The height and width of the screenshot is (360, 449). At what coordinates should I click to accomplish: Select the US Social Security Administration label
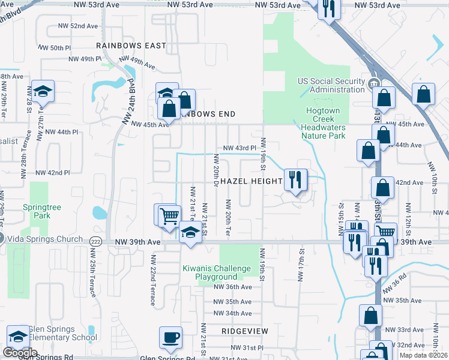coord(331,85)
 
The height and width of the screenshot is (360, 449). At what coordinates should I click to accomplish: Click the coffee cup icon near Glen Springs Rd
coord(170,337)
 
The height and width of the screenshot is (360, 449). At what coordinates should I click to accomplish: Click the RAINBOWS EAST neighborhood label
coord(131,46)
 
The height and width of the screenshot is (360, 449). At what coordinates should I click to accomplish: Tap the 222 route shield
coord(95,241)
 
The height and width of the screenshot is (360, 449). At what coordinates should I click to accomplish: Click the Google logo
coord(20,353)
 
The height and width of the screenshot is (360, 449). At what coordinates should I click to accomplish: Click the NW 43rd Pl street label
coord(240,148)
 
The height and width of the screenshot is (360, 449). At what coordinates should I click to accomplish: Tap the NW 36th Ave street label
coord(232,287)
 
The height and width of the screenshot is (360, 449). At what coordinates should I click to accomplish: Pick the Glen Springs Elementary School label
coord(61,333)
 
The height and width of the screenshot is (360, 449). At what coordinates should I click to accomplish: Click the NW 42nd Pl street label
coord(52,172)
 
